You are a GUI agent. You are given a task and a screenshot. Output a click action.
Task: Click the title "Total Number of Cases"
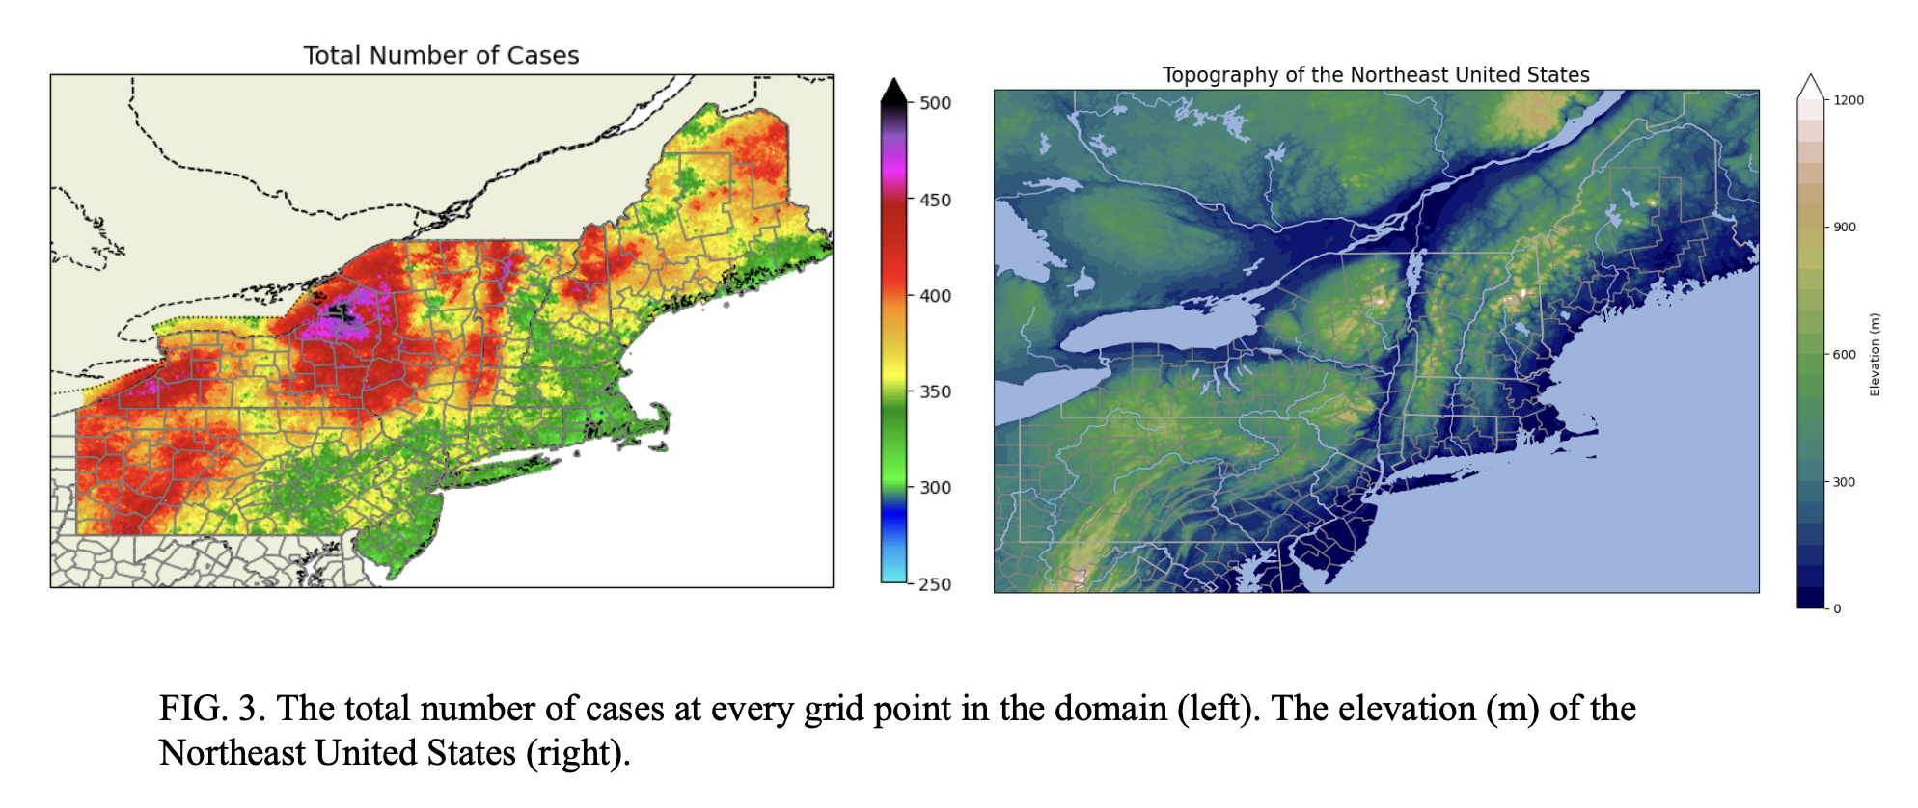click(x=441, y=56)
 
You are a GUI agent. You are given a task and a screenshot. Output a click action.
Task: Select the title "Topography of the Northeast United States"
click(x=1376, y=75)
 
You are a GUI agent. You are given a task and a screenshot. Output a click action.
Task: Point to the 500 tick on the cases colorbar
click(x=934, y=103)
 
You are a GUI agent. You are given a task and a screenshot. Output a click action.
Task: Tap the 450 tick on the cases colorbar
click(x=934, y=200)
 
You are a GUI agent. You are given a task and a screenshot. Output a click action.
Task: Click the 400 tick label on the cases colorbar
click(x=935, y=296)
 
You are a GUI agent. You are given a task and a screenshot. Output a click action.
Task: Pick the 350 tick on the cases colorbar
click(x=934, y=391)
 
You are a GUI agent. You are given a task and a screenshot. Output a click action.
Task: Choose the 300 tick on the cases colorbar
click(x=934, y=488)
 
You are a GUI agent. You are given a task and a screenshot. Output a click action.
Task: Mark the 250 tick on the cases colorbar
click(x=934, y=584)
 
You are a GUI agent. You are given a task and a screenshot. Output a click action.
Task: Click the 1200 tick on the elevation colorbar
click(x=1848, y=100)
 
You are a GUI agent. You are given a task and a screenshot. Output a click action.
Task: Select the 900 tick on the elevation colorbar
click(x=1844, y=228)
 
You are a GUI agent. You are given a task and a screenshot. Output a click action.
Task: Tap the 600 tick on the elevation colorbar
click(x=1844, y=355)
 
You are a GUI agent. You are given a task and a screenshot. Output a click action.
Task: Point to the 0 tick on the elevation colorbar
click(x=1836, y=608)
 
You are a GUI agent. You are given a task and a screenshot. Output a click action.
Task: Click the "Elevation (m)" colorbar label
click(x=1875, y=354)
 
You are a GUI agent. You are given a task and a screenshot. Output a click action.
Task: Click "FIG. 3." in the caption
click(x=211, y=709)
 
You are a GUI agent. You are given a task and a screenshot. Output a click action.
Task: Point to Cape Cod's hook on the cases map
click(x=661, y=417)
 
